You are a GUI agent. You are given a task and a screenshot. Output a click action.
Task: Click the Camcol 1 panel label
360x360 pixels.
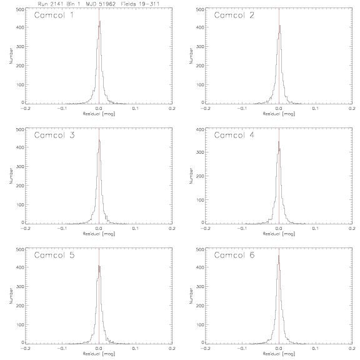[x=54, y=15]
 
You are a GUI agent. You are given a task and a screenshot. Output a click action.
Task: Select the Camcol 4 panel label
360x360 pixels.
[x=234, y=135]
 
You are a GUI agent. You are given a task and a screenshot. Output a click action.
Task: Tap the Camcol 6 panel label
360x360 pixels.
[x=234, y=255]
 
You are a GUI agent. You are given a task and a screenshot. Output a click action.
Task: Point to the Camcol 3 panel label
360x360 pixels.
[x=54, y=135]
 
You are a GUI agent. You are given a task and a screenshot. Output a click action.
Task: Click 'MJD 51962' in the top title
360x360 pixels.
[x=101, y=4]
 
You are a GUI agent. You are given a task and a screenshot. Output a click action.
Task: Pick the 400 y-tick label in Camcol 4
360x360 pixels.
[x=201, y=129]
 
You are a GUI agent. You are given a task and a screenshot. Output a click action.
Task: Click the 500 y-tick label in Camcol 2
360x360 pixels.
[x=201, y=9]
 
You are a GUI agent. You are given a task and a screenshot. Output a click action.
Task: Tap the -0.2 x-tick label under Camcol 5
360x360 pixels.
[x=26, y=348]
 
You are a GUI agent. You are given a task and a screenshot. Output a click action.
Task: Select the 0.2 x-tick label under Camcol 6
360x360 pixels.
[x=352, y=348]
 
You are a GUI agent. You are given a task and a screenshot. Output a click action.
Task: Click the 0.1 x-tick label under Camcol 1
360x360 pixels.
[x=136, y=108]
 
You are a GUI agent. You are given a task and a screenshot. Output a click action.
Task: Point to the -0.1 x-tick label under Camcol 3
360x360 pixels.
[x=62, y=229]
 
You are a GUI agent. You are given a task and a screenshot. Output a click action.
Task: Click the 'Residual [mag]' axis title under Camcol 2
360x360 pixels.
[x=279, y=114]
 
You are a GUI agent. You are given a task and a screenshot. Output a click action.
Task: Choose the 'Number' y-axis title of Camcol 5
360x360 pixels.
[x=11, y=296]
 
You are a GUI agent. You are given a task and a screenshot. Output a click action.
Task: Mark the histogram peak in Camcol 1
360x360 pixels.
[x=100, y=21]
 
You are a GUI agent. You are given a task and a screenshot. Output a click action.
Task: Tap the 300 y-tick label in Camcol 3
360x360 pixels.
[x=21, y=166]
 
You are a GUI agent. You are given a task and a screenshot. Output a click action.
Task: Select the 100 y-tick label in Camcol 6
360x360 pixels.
[x=201, y=324]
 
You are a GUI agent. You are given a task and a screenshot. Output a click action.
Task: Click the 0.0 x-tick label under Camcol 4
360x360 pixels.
[x=279, y=229]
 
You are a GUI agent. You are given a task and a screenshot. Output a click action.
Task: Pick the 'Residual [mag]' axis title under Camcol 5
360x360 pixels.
[x=99, y=354]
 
